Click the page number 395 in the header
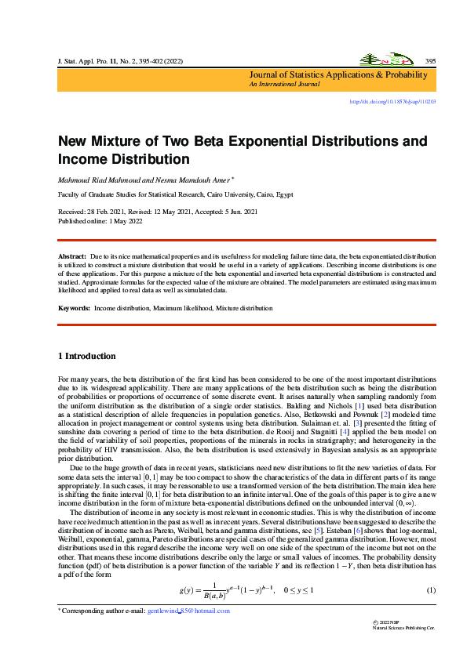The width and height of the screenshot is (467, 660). click(x=430, y=60)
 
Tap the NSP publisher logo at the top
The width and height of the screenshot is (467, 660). click(x=384, y=60)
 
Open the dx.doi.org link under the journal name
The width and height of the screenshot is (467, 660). click(x=392, y=101)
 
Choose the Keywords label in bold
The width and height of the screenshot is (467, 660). click(x=75, y=308)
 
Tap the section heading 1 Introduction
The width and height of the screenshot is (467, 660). click(x=87, y=356)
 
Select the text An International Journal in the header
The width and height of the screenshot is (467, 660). click(x=279, y=83)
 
